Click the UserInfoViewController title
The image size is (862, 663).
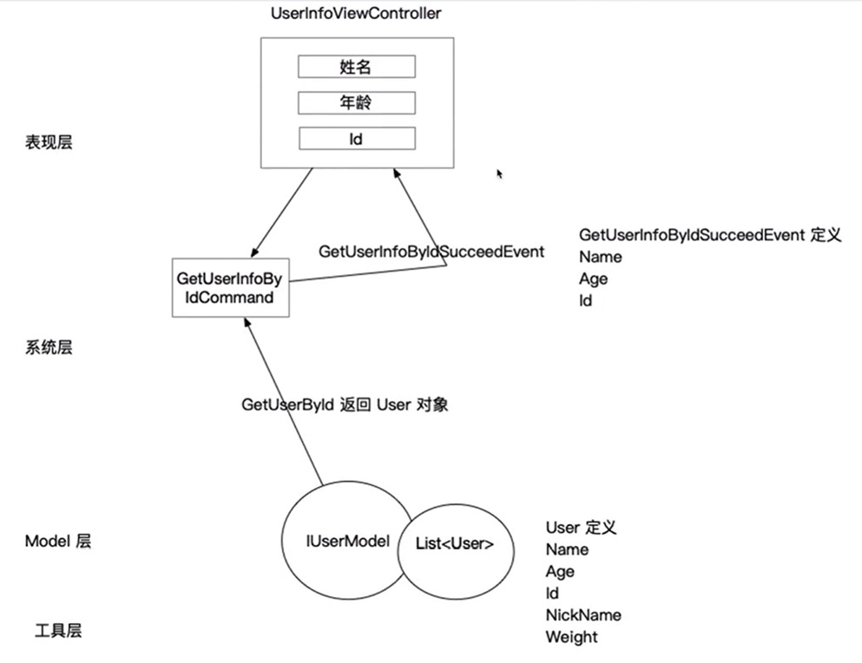(355, 13)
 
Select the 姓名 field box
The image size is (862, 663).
(356, 67)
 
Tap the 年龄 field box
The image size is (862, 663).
(356, 102)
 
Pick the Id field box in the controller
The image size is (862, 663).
(356, 138)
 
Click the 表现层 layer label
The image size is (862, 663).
(49, 142)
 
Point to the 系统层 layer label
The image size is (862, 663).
(49, 347)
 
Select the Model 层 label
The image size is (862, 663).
(58, 542)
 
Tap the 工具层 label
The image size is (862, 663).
(59, 631)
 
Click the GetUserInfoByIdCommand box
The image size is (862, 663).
(230, 287)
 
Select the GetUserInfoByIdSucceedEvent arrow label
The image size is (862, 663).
(431, 252)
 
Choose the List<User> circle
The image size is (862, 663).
(455, 545)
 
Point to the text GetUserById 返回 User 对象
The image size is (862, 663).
(345, 405)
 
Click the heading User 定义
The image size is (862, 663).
(581, 527)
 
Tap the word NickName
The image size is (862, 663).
(582, 615)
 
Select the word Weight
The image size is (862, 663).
(571, 637)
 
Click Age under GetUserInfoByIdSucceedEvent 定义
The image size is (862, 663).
(593, 279)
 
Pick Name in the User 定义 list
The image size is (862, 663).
(567, 549)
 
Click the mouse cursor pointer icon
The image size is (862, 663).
(499, 174)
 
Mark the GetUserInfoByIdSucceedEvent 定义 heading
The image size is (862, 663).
(709, 235)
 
